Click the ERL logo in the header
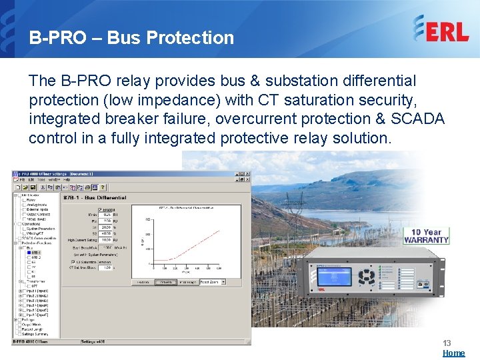coord(441,29)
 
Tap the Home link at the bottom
coord(453,353)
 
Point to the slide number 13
coord(447,343)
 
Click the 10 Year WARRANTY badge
coord(426,236)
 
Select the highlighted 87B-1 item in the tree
coord(35,253)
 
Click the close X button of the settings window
coord(247,173)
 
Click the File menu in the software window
coord(22,180)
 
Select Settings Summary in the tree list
coord(40,333)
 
